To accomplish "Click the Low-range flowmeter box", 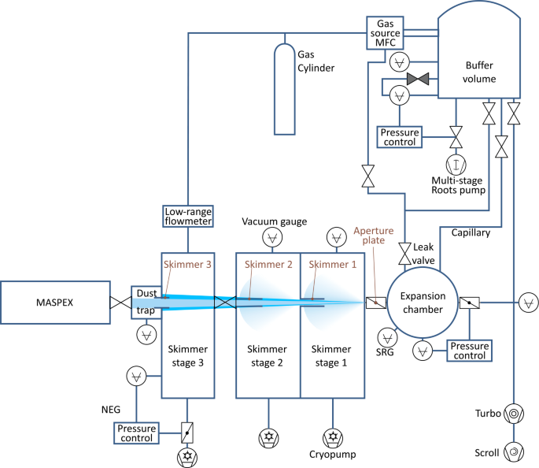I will point(188,217).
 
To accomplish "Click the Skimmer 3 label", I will point(187,264).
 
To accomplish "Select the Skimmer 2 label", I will point(268,264).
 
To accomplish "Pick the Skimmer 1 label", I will point(333,264).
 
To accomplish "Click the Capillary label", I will point(471,233).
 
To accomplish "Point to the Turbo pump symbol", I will point(512,413).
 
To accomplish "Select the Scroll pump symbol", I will point(512,451).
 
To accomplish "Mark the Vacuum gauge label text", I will point(274,221).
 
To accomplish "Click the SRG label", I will point(385,353).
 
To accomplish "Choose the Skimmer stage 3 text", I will point(187,356).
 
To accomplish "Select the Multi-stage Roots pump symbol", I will point(455,164).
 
